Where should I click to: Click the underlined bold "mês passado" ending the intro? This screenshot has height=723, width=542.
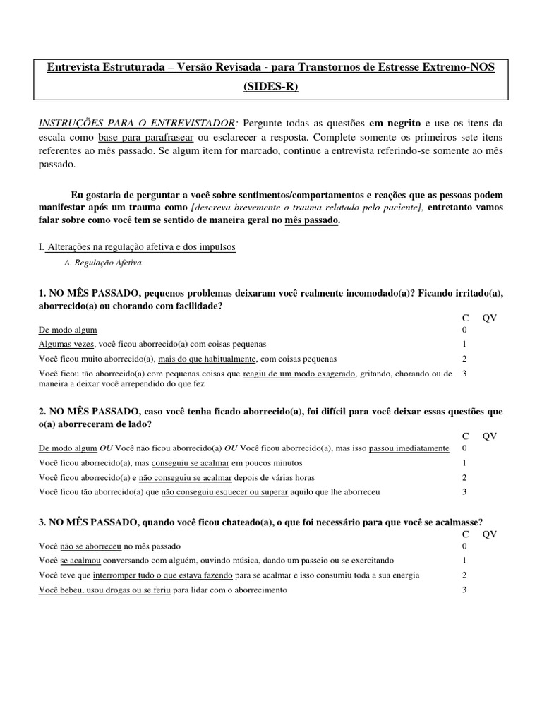311,220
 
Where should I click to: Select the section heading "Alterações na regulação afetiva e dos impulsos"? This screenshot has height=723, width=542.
140,247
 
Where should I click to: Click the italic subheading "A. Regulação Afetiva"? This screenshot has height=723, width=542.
102,263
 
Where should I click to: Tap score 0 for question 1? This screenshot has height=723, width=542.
464,330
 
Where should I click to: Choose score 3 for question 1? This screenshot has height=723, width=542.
464,374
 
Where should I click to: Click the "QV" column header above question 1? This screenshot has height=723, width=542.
490,318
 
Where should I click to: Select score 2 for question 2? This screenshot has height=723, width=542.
464,477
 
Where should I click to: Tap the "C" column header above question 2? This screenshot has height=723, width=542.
465,436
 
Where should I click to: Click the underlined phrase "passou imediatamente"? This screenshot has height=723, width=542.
409,449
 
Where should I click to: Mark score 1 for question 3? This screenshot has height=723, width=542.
464,561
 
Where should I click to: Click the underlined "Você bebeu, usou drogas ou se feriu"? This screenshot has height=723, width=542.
104,590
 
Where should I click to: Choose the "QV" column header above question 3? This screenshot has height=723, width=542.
490,534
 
